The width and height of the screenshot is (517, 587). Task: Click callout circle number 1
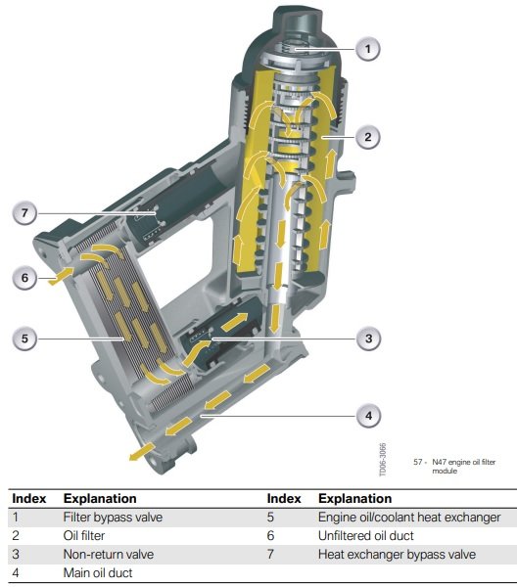(367, 49)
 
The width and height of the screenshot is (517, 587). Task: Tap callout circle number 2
(367, 137)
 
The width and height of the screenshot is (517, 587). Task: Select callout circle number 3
(368, 339)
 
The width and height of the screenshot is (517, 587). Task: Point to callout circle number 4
(368, 416)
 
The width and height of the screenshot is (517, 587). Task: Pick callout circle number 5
(24, 339)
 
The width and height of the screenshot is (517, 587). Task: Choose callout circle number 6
(24, 278)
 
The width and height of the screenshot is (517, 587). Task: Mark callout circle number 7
(24, 213)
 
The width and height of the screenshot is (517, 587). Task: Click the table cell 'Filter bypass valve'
(113, 518)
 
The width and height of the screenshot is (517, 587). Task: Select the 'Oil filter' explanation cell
(84, 536)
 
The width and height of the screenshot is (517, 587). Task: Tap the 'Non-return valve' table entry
(109, 554)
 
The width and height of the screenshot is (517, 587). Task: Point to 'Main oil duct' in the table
(98, 572)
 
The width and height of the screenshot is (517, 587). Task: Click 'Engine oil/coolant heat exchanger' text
(409, 518)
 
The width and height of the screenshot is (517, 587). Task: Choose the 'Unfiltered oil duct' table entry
(366, 536)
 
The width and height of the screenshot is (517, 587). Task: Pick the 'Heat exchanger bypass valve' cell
(398, 554)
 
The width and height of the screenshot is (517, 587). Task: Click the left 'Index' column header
(29, 499)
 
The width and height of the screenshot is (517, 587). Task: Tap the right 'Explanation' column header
(355, 499)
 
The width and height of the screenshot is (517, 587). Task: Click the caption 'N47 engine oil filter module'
(464, 466)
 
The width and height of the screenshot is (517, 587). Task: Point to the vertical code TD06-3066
(383, 460)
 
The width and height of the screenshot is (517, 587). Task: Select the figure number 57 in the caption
(418, 462)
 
